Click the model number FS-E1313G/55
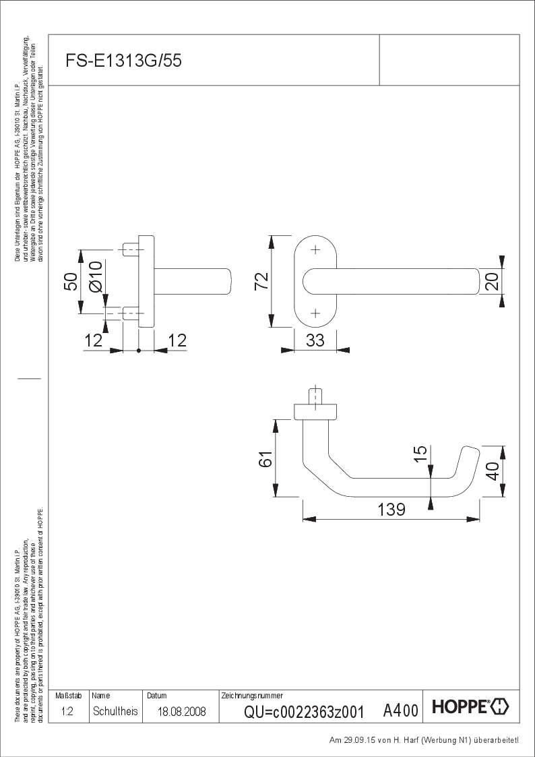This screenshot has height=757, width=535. point(123,61)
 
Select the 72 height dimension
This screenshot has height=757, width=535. point(262,280)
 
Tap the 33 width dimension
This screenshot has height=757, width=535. point(315,340)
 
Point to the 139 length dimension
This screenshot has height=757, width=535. point(391,509)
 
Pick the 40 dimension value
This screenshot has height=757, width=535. point(493,471)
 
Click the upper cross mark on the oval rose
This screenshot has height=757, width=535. point(315,249)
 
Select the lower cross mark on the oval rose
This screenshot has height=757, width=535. point(315,313)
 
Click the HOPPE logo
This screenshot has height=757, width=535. point(470,707)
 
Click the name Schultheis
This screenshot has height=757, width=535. point(115,711)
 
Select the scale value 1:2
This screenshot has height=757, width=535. point(67,711)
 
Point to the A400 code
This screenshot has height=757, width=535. point(400,710)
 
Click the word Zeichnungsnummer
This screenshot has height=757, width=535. point(252,695)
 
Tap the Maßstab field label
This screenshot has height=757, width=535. point(67,695)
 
